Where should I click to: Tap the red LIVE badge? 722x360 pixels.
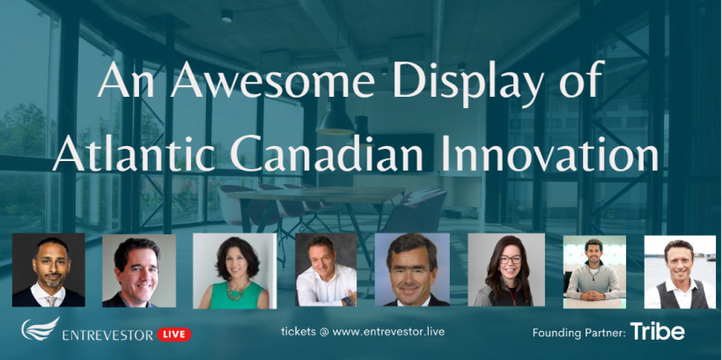click(174, 334)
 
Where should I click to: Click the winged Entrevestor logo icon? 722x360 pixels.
click(41, 328)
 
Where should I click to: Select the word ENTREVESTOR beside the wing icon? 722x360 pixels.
click(107, 335)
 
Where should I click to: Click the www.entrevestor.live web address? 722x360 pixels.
click(388, 331)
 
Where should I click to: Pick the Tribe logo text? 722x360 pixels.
click(657, 332)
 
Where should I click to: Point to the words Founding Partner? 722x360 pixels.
click(578, 333)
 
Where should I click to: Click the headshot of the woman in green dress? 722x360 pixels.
click(235, 271)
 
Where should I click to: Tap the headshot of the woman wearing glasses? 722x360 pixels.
click(506, 269)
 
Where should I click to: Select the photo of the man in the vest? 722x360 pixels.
click(680, 272)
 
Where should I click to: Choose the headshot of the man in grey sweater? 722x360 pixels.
click(594, 272)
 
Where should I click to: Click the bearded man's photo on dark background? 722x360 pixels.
click(48, 269)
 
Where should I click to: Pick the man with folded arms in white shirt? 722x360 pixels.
click(326, 269)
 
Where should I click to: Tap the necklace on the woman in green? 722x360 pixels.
click(237, 290)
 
